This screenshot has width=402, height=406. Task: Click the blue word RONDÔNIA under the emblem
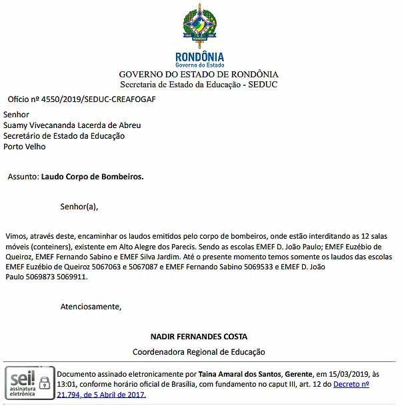coord(199,57)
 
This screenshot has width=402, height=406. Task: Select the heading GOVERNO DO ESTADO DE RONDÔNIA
coord(199,75)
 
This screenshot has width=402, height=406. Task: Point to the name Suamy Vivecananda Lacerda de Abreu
coord(72,125)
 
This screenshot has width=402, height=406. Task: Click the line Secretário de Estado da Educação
coord(64,136)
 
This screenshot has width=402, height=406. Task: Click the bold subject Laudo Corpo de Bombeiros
coord(92,177)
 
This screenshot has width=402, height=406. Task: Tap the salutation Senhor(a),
coord(79,207)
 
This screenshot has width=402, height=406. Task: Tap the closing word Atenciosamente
coord(91,307)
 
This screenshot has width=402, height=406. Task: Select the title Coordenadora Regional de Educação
coord(199,351)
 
